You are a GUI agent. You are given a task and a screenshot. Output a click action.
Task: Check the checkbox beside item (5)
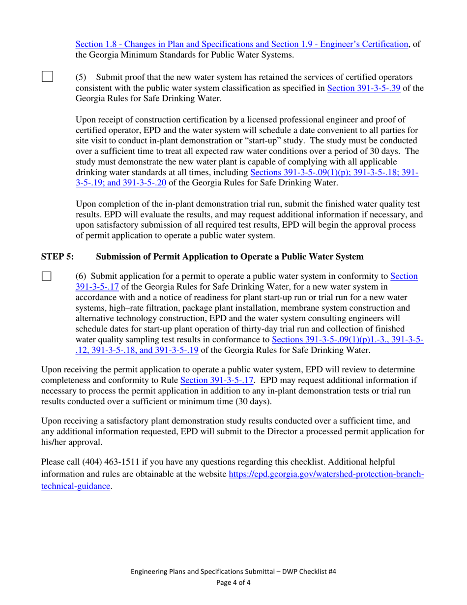[47, 77]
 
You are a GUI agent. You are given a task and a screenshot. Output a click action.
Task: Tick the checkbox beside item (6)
[47, 276]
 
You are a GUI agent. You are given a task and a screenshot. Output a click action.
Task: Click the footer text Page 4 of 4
[233, 583]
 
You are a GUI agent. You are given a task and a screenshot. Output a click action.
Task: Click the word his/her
[55, 442]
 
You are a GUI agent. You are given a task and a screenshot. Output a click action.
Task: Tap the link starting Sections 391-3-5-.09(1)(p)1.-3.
[347, 340]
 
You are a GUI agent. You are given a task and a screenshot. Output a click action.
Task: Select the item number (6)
[81, 276]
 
